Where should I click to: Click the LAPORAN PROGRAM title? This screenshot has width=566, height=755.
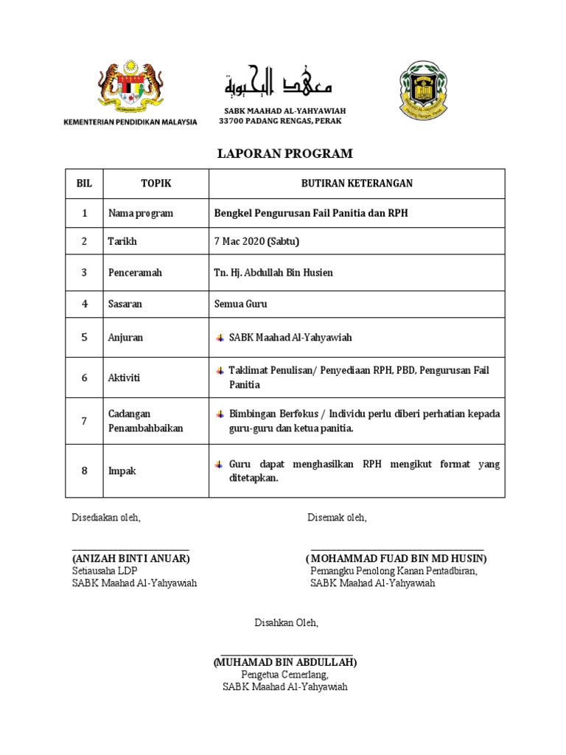[x=285, y=153]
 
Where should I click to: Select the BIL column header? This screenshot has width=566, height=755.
[x=84, y=184]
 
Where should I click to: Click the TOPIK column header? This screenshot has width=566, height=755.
[x=156, y=184]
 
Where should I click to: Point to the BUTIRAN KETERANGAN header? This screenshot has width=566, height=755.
[x=357, y=184]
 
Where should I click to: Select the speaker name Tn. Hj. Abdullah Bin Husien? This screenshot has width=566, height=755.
[x=273, y=273]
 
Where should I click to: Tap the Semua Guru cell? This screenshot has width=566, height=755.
[x=240, y=304]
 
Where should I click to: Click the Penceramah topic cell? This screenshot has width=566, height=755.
[x=135, y=273]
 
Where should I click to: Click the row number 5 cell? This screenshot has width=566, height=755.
[x=84, y=337]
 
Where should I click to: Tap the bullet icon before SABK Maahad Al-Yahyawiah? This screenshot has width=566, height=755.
[x=220, y=338]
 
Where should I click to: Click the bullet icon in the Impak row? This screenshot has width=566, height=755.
[x=220, y=465]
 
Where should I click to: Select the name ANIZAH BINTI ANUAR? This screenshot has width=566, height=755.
[x=131, y=558]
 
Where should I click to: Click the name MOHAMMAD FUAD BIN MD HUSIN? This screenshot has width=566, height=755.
[x=396, y=558]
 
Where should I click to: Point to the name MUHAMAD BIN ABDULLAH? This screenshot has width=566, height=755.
[x=285, y=662]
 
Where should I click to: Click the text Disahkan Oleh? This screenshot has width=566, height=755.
[x=287, y=622]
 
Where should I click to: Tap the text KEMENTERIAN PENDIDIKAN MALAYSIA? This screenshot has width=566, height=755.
[x=130, y=122]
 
